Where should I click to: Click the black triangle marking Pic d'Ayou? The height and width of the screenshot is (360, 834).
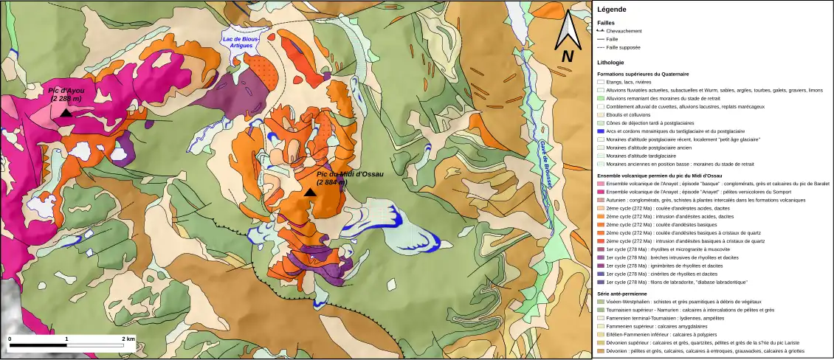pyautogui.click(x=66, y=113)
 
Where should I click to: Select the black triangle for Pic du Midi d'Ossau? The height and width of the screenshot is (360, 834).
pyautogui.click(x=311, y=193)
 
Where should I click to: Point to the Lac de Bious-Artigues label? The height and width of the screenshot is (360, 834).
pyautogui.click(x=238, y=42)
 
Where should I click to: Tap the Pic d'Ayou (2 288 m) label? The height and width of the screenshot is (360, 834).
pyautogui.click(x=66, y=94)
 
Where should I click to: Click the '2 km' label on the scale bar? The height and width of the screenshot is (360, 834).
pyautogui.click(x=128, y=339)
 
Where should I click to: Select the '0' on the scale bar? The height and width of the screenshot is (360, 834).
pyautogui.click(x=10, y=339)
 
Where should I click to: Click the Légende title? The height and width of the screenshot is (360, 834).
pyautogui.click(x=612, y=10)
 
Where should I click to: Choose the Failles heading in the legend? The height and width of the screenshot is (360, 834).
pyautogui.click(x=605, y=23)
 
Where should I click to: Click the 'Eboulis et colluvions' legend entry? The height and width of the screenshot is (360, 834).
pyautogui.click(x=632, y=114)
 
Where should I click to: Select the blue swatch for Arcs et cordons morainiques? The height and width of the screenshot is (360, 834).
pyautogui.click(x=601, y=131)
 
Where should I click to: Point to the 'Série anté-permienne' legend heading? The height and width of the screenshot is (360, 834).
pyautogui.click(x=622, y=294)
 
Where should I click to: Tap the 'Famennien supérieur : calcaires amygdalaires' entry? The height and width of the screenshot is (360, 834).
pyautogui.click(x=657, y=326)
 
